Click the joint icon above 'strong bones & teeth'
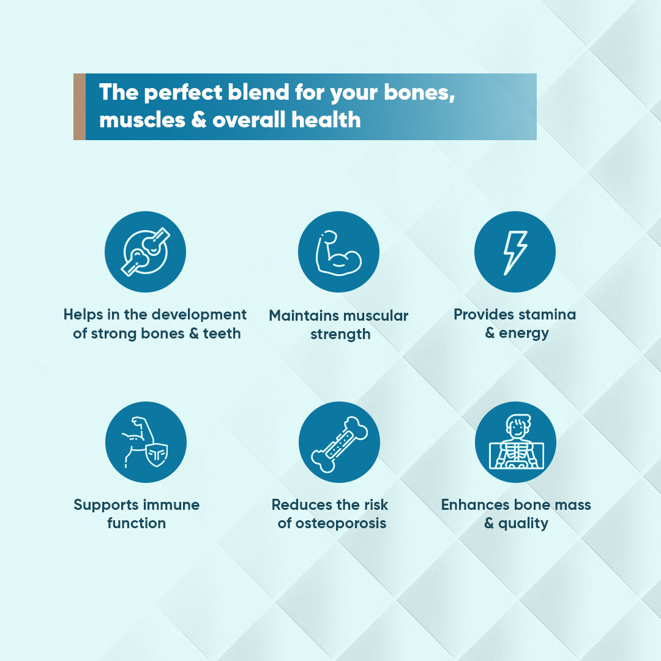pos(146,252)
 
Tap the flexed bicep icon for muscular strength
pos(338,253)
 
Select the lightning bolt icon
pos(515,253)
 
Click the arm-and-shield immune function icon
pos(146,443)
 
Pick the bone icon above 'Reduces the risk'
pos(339,444)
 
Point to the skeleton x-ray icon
pos(516,442)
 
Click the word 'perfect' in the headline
pos(183,93)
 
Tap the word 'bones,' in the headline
pos(419,93)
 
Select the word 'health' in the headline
pos(326,120)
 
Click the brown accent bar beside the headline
pos(79,106)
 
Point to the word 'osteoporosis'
pos(341,523)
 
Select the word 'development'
pos(200,315)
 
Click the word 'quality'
pos(523,524)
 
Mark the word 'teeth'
pos(222,334)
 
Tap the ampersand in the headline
pos(198,120)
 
